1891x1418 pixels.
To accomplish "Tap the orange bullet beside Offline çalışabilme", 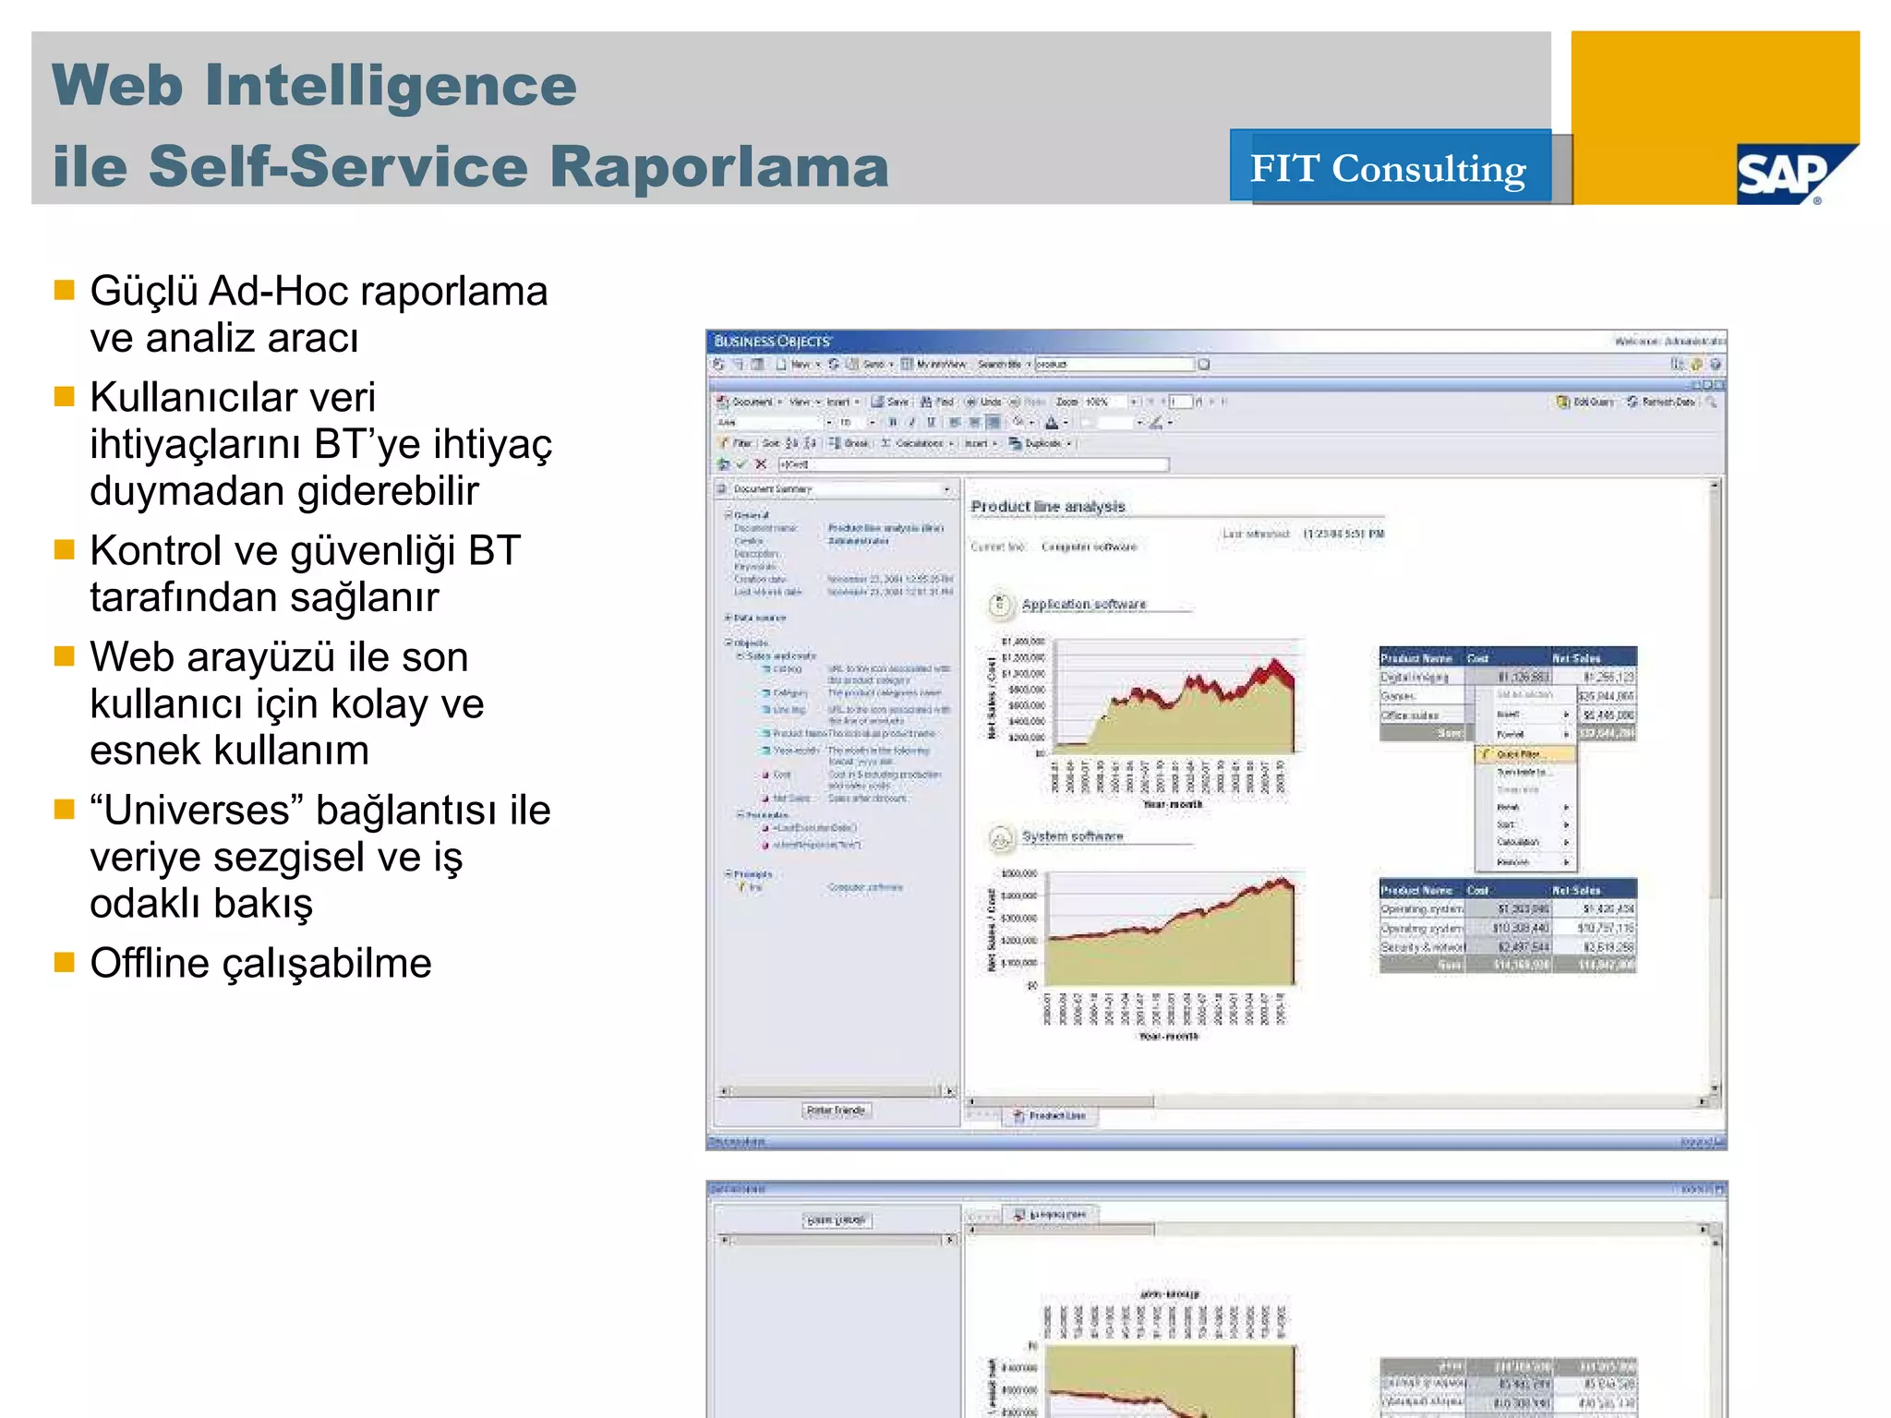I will pyautogui.click(x=64, y=963).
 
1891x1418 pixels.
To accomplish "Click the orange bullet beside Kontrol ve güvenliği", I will pyautogui.click(x=64, y=550).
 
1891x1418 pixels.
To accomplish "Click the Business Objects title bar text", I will pyautogui.click(x=772, y=342).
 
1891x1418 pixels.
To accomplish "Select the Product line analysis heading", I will pyautogui.click(x=1047, y=507).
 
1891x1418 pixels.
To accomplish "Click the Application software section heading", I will pyautogui.click(x=1083, y=605).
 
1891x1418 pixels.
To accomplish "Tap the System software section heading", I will pyautogui.click(x=1072, y=836).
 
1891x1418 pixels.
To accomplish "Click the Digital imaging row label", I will pyautogui.click(x=1415, y=677).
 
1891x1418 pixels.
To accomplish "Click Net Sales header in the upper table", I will pyautogui.click(x=1576, y=658).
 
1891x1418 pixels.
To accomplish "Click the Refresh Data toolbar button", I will pyautogui.click(x=1661, y=402).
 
